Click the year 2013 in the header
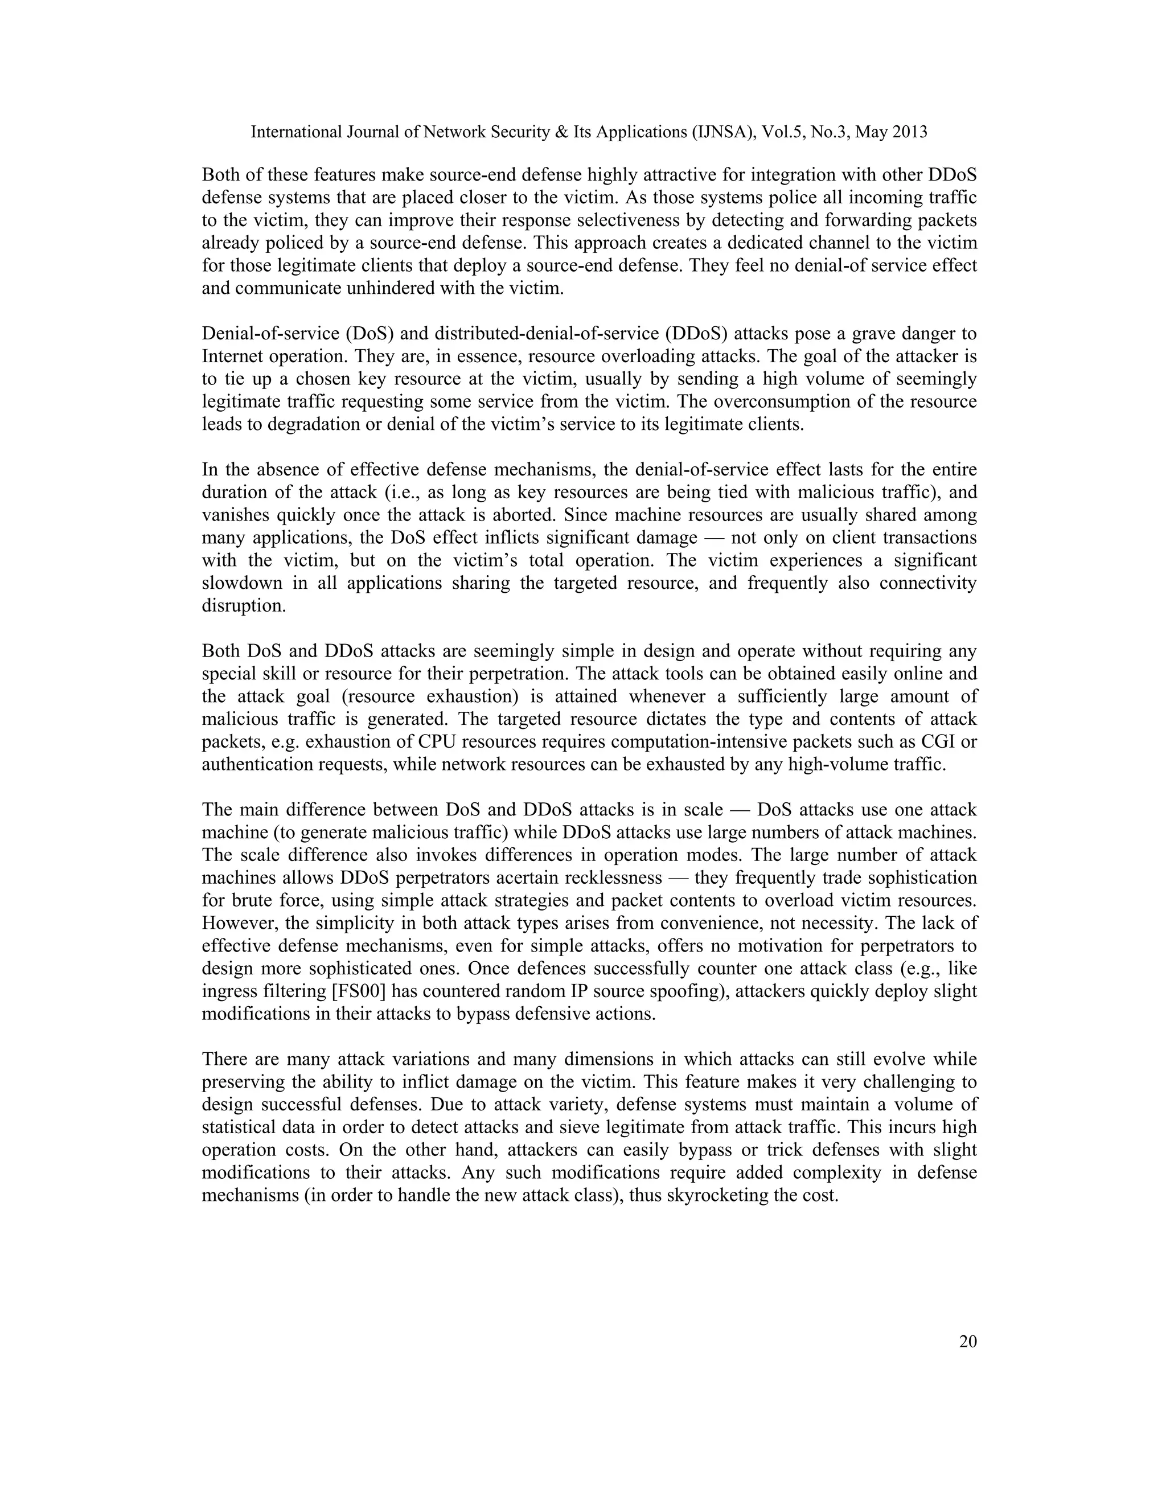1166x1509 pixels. click(909, 132)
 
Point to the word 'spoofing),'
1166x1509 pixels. click(691, 991)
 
